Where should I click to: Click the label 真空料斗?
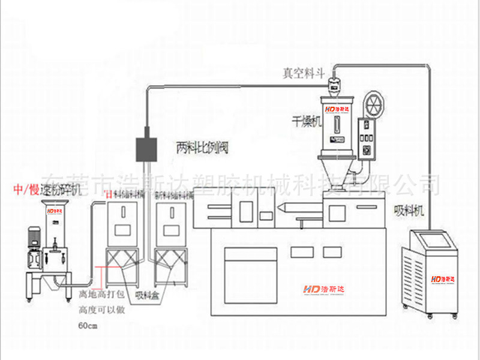click(x=304, y=73)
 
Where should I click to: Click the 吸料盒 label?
click(x=146, y=294)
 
